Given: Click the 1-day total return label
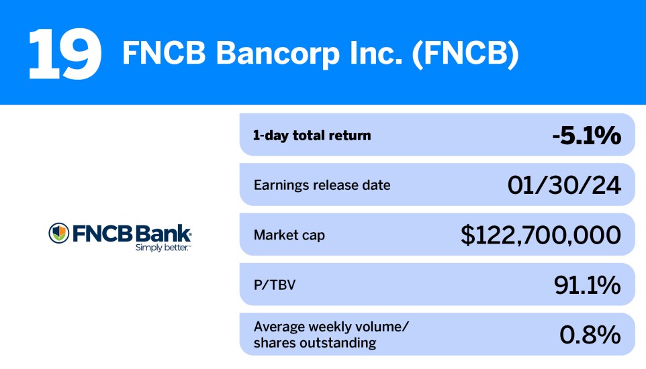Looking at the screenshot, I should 312,136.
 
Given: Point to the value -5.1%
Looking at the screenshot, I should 586,136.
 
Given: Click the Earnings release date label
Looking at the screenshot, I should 322,184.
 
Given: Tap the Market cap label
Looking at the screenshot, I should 289,235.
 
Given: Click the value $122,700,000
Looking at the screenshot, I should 541,235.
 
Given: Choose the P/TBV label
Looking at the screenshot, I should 275,285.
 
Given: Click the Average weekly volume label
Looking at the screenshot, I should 331,327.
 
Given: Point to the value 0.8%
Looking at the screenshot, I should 590,335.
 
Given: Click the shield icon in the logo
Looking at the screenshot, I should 59,233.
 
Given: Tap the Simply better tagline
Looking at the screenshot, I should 163,247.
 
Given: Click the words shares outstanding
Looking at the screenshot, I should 314,344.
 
